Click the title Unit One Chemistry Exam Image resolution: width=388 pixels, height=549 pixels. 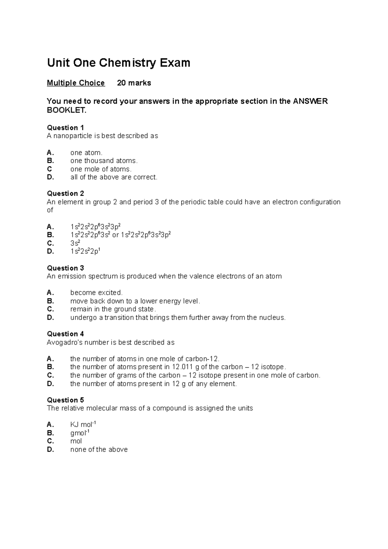tap(119, 63)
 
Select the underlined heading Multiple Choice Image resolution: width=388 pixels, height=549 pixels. tap(76, 83)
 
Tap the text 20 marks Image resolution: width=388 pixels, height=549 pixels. tap(134, 83)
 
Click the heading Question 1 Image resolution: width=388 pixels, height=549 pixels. tap(65, 128)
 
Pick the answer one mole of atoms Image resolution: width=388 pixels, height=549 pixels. tap(101, 169)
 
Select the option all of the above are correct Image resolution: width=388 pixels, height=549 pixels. tap(114, 177)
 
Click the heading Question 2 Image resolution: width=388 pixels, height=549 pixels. tap(65, 194)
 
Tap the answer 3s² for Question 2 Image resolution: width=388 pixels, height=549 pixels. tap(75, 243)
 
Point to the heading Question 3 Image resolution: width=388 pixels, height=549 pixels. tap(65, 268)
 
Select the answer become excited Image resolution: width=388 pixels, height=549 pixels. tap(96, 293)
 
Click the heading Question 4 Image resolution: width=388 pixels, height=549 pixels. tap(65, 334)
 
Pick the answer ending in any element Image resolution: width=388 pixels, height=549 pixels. tap(153, 384)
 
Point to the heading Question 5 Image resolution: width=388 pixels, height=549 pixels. tap(65, 400)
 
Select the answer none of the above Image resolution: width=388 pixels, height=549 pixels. tap(99, 449)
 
